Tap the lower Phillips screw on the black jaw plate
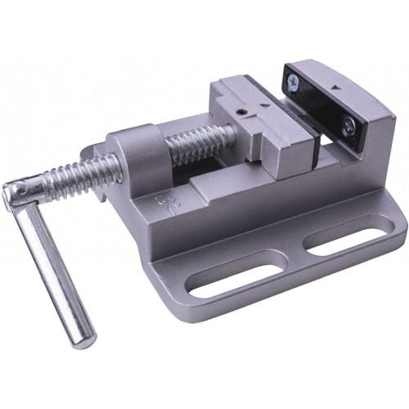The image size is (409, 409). point(349,125)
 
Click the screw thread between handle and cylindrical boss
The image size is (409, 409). point(78,176)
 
